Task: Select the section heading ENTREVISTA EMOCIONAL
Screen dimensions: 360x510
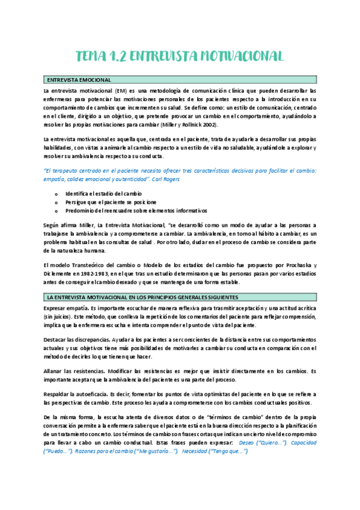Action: coord(78,79)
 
